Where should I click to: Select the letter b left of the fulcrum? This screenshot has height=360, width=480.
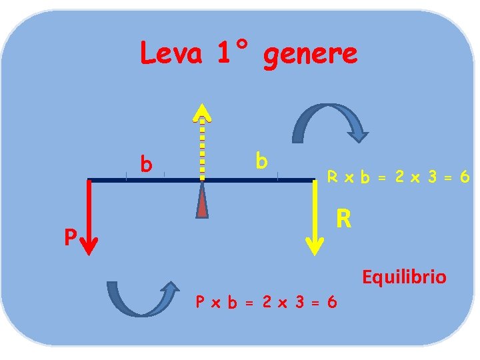coord(145,163)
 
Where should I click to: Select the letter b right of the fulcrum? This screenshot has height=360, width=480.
coord(261,160)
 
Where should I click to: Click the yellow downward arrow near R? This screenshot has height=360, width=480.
coord(315,217)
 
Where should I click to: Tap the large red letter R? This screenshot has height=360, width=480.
coord(343,218)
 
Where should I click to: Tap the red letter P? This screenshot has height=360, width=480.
coord(69,237)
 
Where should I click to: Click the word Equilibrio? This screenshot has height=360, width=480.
coord(404,277)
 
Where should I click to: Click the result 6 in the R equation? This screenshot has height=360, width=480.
coord(465,177)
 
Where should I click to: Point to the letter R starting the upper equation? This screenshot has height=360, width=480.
coord(331,177)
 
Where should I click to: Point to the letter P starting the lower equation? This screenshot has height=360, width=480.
coord(199,302)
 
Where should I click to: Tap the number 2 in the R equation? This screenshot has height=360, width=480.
coord(398,177)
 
